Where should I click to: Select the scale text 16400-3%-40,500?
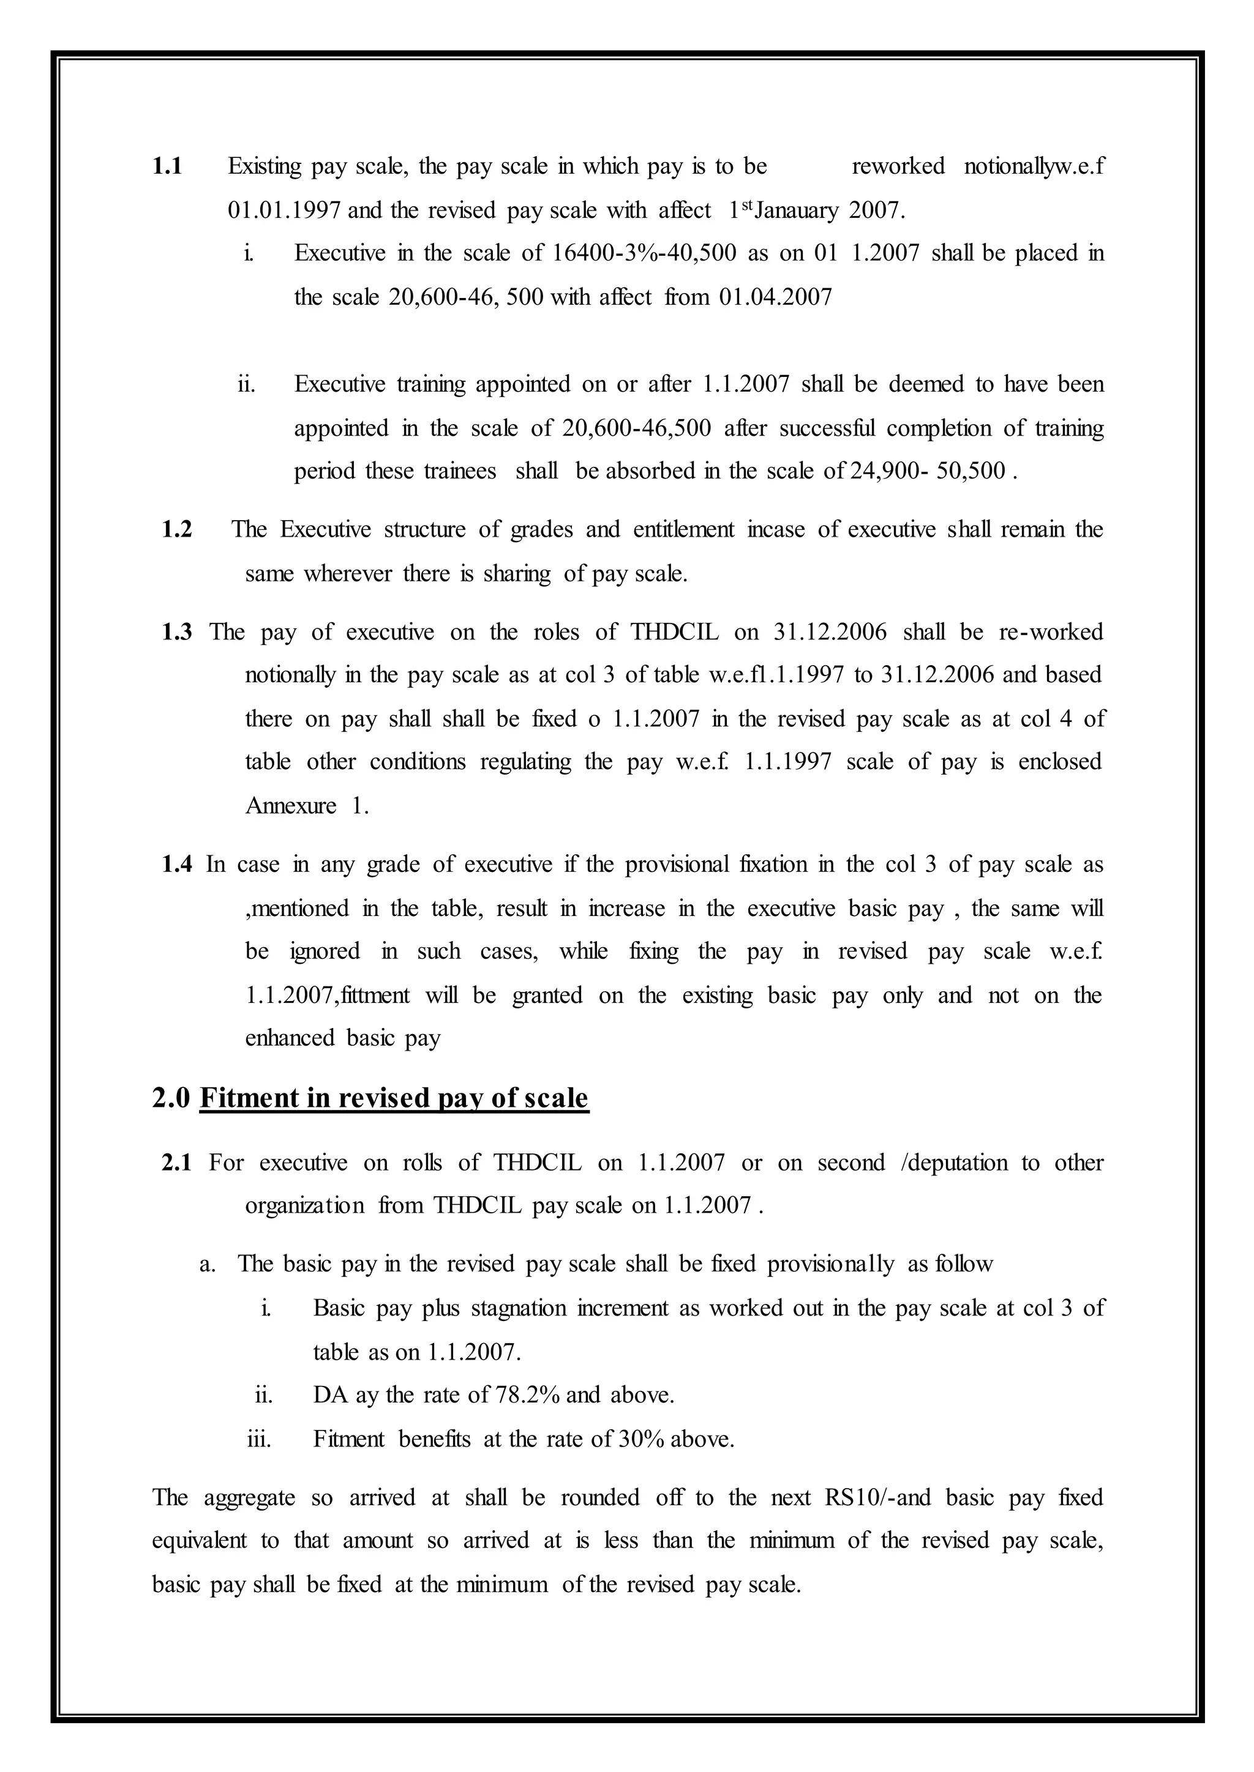click(x=645, y=253)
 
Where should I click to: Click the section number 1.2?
click(x=177, y=529)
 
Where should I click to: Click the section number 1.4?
click(x=177, y=865)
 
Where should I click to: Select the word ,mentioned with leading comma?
click(x=296, y=909)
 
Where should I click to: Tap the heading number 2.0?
click(x=171, y=1098)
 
